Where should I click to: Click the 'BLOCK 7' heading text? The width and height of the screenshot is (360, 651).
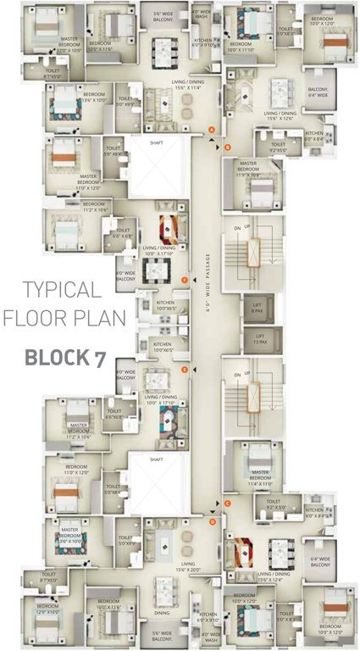(x=64, y=357)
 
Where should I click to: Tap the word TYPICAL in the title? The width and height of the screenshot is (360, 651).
(x=62, y=289)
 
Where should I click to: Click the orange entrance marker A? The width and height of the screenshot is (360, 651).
(x=212, y=129)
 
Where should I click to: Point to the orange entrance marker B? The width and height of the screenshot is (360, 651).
(x=226, y=147)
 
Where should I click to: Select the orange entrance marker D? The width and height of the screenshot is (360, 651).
(x=212, y=522)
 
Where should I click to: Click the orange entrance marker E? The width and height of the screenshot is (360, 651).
(x=185, y=370)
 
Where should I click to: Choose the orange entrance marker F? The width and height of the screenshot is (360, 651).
(x=185, y=279)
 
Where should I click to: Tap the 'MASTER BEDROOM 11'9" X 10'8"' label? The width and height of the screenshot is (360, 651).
(x=248, y=167)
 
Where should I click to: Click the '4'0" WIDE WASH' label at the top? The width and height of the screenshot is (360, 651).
(x=202, y=14)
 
